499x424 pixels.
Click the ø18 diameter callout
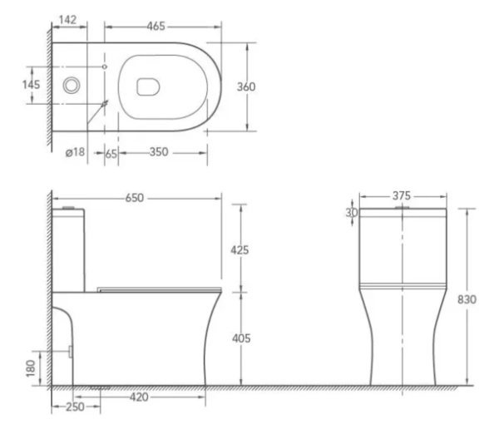click(75, 153)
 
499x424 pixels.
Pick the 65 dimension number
click(111, 153)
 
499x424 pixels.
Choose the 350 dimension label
click(161, 153)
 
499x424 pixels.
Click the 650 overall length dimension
click(135, 198)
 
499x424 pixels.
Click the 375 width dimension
click(402, 196)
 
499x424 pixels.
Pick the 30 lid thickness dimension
click(353, 213)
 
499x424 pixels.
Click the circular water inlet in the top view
click(72, 85)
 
